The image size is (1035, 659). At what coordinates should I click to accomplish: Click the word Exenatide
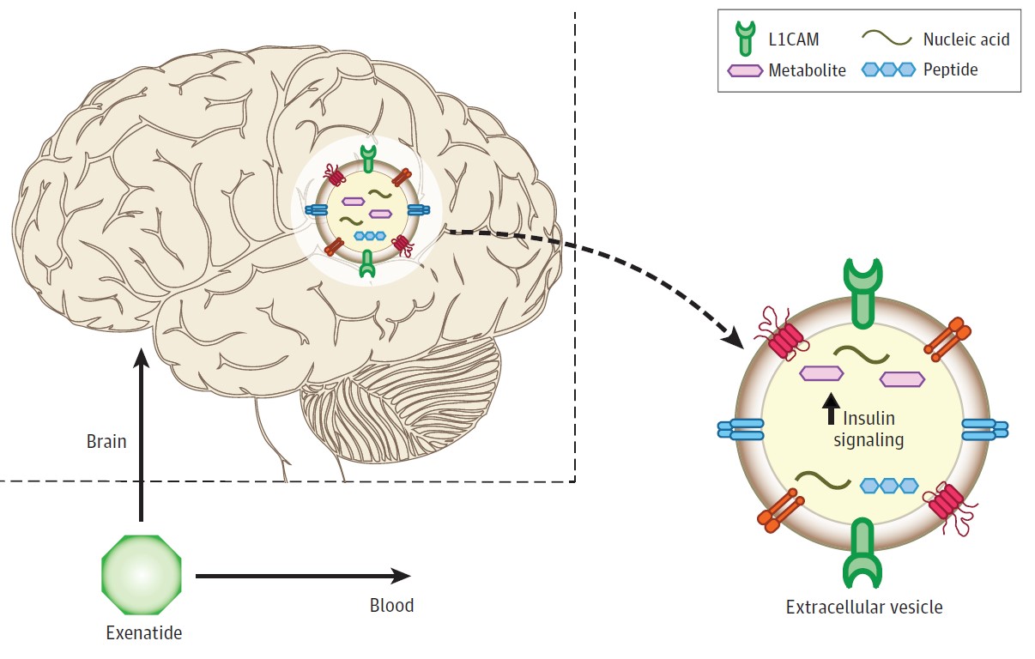pos(143,634)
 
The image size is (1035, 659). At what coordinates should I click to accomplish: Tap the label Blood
pos(391,606)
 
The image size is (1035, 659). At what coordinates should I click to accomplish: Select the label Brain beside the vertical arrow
pos(106,443)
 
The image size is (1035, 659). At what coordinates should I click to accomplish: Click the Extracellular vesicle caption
pos(864,608)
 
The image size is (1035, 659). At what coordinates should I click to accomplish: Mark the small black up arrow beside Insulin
pos(829,410)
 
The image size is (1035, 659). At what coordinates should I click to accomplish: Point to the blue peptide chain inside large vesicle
pos(890,486)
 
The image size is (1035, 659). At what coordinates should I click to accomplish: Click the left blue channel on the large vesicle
pos(740,430)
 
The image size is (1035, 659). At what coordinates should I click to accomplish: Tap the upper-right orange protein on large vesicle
pos(947,340)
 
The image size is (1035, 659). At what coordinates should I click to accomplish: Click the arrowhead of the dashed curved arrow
pos(734,336)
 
